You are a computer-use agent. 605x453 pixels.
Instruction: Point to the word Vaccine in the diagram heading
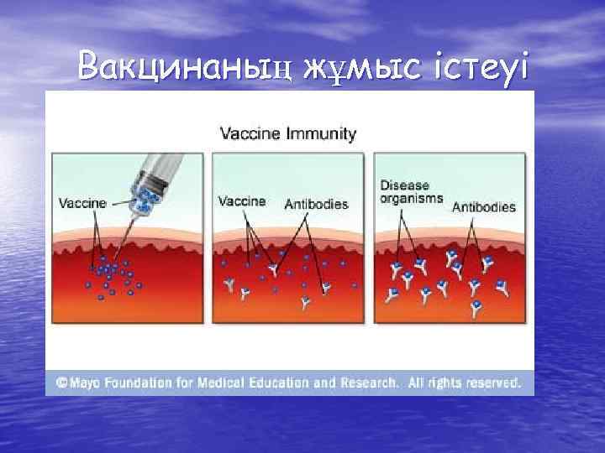tap(248, 133)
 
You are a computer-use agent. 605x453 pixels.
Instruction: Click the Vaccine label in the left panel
tap(82, 202)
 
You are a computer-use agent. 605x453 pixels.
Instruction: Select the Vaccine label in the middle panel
tap(242, 201)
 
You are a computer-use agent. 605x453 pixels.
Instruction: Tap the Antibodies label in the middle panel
tap(316, 204)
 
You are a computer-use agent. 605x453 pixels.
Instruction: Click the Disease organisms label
tap(405, 192)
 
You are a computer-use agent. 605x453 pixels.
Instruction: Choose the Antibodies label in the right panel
tap(484, 206)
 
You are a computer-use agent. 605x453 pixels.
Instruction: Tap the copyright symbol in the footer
tap(62, 383)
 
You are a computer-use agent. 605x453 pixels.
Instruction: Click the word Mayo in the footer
tap(87, 383)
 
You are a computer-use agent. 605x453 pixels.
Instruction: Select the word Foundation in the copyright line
tap(145, 383)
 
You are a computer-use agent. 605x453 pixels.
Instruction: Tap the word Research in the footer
tap(368, 383)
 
